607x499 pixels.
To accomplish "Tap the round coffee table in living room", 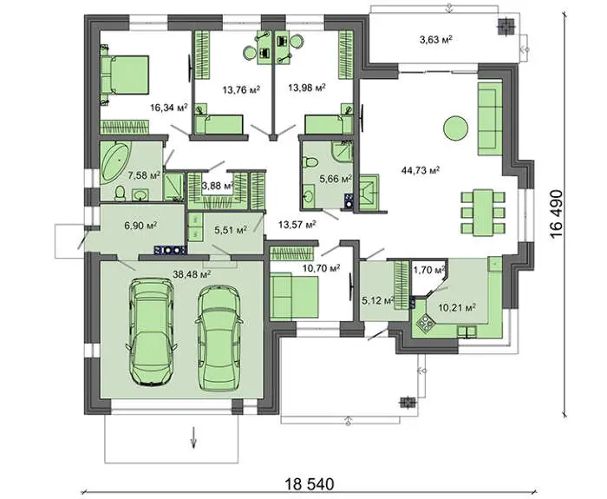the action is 455,128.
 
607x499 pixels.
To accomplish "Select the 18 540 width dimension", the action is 309,484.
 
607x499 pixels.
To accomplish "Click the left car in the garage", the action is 152,332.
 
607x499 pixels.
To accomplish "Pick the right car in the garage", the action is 219,338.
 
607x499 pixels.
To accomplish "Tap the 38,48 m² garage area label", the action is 192,274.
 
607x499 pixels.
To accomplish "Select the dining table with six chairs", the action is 483,212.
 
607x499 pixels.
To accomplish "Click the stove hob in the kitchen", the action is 425,323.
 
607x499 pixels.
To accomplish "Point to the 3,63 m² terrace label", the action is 436,40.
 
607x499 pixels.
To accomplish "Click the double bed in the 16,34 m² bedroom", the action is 125,75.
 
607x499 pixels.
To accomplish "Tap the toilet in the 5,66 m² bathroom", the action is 310,162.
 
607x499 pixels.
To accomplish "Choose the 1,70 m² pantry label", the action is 429,270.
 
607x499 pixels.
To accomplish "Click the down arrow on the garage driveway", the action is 193,437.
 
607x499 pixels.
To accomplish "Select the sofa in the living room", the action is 491,119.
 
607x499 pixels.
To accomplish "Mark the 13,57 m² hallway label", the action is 297,224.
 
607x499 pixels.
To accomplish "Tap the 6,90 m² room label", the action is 140,225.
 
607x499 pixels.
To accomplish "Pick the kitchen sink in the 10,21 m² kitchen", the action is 467,332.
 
